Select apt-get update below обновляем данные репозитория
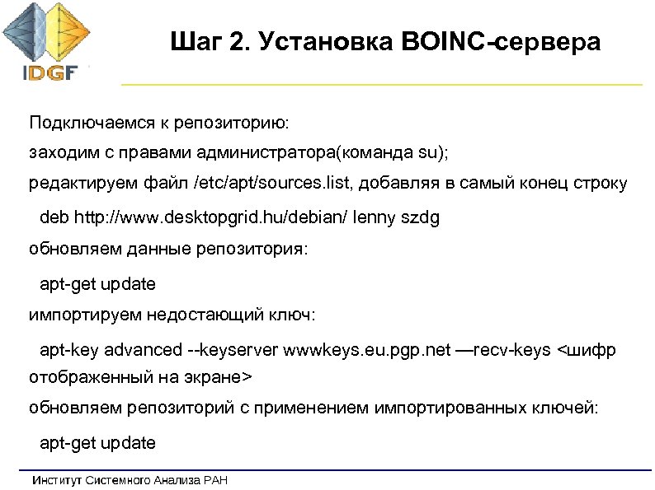click(x=97, y=284)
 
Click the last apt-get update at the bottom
click(x=97, y=443)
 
